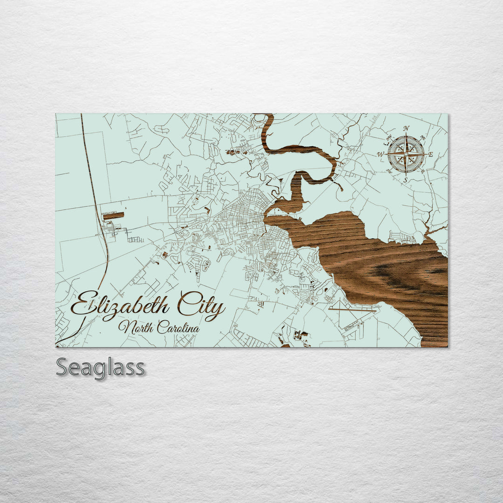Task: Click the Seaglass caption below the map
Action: pyautogui.click(x=100, y=368)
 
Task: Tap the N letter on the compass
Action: pyautogui.click(x=406, y=129)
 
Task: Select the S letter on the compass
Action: pyautogui.click(x=406, y=180)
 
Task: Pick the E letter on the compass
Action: pyautogui.click(x=430, y=154)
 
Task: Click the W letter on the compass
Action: pyautogui.click(x=381, y=154)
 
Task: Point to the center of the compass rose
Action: pyautogui.click(x=406, y=154)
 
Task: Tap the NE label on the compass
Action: pyautogui.click(x=422, y=137)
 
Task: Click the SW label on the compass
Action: pyautogui.click(x=389, y=170)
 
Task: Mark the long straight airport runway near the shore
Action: pyautogui.click(x=352, y=309)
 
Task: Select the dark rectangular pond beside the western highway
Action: pyautogui.click(x=113, y=216)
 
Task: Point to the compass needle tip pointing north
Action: pyautogui.click(x=406, y=135)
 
